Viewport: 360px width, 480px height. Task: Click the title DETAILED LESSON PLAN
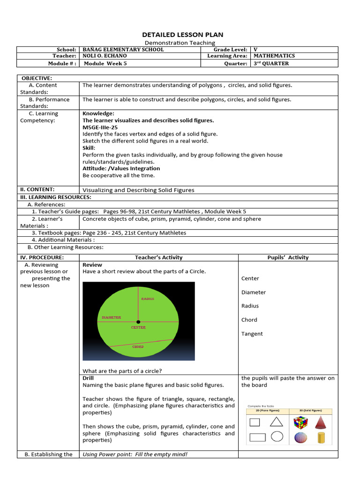[182, 35]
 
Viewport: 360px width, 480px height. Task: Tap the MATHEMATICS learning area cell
[274, 56]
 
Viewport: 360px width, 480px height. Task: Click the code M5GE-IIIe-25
[100, 127]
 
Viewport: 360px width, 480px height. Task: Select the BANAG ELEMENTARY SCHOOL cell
[123, 50]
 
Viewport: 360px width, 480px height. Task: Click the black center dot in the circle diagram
[138, 322]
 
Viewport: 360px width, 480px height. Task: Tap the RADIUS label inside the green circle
[147, 299]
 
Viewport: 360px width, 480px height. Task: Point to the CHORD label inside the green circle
[138, 347]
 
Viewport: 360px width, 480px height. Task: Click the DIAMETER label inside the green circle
[112, 317]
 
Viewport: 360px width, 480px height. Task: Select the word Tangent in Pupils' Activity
[252, 334]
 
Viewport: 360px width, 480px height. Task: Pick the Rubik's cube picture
[300, 422]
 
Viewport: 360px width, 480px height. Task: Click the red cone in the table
[321, 422]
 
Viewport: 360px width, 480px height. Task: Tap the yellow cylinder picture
[321, 437]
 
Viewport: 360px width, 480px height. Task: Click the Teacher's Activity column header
[158, 257]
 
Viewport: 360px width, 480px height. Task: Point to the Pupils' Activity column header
[288, 257]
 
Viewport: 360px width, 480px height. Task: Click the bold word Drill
[88, 378]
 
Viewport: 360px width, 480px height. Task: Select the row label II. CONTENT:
[37, 189]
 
